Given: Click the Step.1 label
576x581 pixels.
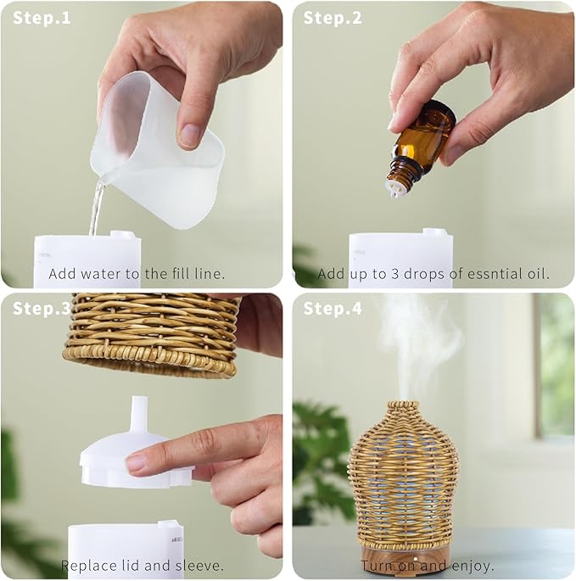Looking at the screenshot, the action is tap(42, 18).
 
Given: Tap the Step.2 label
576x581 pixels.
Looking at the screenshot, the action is tap(333, 18).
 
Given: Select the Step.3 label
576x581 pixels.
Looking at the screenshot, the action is tap(42, 308).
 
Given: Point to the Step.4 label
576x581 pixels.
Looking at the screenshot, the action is tap(333, 308).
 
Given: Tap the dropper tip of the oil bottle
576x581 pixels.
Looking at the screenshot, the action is tap(394, 189).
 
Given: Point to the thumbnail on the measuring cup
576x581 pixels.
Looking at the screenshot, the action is tap(191, 135).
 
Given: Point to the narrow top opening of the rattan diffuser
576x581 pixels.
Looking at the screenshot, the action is tap(403, 405).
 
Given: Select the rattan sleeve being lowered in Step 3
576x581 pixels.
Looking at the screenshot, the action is tap(151, 334).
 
